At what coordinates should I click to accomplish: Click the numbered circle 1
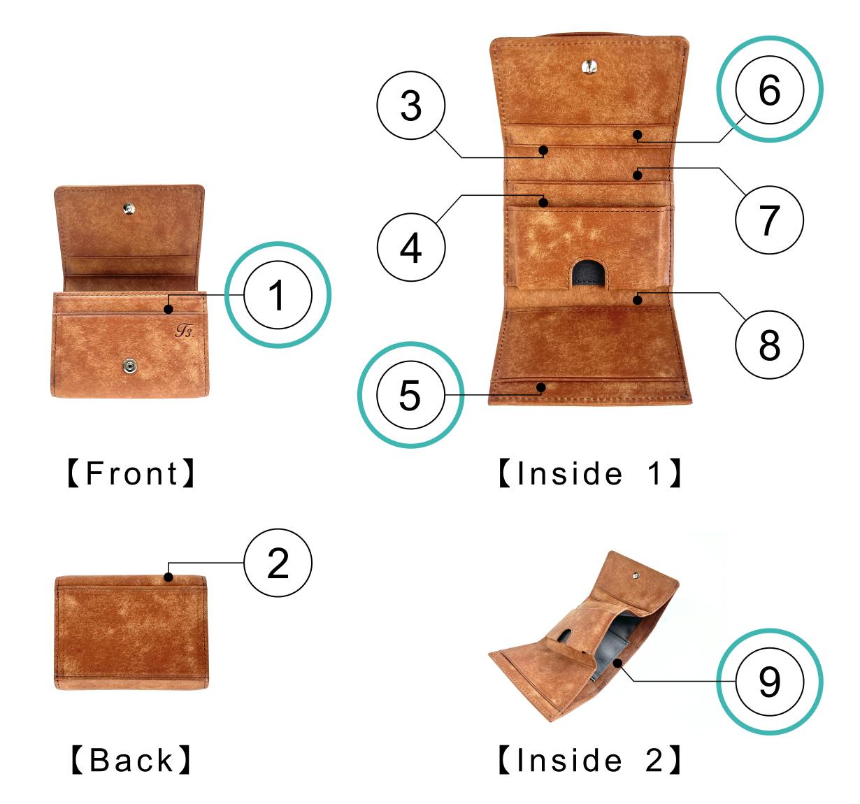click(x=278, y=295)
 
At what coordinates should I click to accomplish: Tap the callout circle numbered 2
click(x=278, y=563)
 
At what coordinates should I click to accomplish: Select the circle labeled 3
click(x=411, y=106)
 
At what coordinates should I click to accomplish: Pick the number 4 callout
click(x=411, y=247)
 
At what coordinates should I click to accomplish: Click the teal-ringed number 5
click(x=410, y=394)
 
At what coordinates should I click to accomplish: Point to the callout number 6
click(x=770, y=89)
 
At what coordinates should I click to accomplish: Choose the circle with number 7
click(x=770, y=220)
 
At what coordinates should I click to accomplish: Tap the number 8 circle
click(x=770, y=345)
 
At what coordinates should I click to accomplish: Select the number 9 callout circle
click(x=770, y=682)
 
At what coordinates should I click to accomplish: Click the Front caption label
click(x=131, y=473)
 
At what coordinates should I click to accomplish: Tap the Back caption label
click(x=131, y=760)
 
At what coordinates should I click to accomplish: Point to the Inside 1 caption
click(x=590, y=473)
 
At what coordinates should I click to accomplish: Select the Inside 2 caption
click(x=590, y=760)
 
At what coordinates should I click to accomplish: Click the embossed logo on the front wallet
click(x=185, y=331)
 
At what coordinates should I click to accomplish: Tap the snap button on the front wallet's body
click(x=129, y=366)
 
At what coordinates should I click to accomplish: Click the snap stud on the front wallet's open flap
click(x=129, y=209)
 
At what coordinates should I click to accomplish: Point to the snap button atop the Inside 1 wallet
click(x=589, y=66)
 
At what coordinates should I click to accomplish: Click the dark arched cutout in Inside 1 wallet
click(x=589, y=273)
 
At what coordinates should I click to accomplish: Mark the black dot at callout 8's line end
click(x=637, y=299)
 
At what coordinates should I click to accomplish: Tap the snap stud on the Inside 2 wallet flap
click(x=636, y=575)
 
